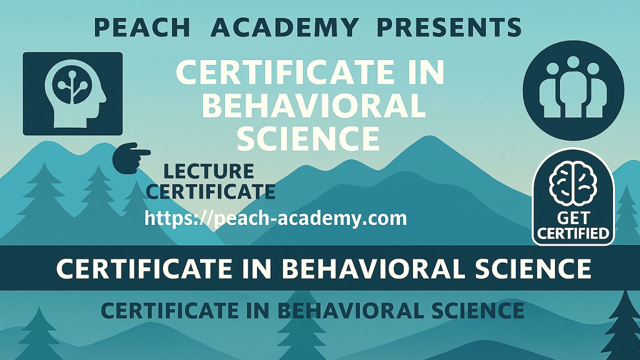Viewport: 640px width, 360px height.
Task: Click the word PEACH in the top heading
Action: (x=142, y=27)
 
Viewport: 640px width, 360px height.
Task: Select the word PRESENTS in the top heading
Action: (x=449, y=27)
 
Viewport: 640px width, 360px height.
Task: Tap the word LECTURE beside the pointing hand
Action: (x=209, y=171)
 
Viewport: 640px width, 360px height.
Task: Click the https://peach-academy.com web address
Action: (x=275, y=218)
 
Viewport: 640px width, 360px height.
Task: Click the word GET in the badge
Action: (x=573, y=218)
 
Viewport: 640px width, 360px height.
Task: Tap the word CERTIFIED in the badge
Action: (x=573, y=233)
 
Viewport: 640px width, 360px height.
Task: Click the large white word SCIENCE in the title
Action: (x=308, y=139)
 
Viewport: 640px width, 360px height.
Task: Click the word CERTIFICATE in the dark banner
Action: (x=143, y=269)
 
